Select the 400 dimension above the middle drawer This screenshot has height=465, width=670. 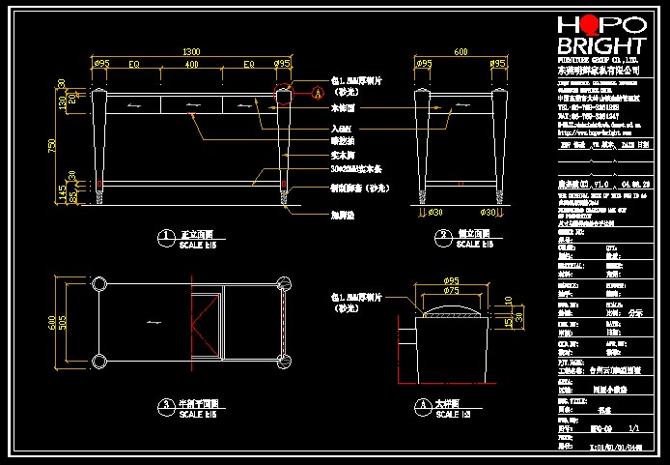[x=191, y=64]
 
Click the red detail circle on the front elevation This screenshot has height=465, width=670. [x=283, y=95]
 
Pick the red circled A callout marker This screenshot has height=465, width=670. [x=317, y=94]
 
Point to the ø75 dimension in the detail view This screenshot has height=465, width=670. [x=451, y=291]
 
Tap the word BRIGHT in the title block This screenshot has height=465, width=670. [x=600, y=48]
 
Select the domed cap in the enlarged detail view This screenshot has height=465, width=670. [x=449, y=311]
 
